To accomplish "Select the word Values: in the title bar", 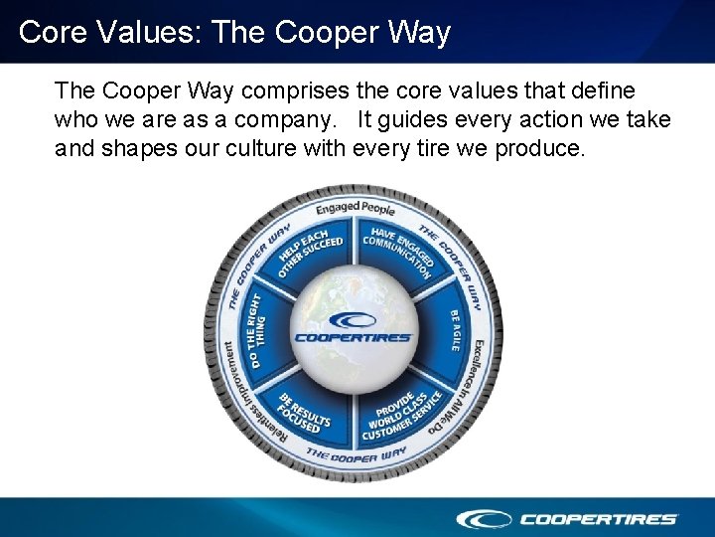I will (x=147, y=32).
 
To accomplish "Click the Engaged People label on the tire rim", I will (x=356, y=208).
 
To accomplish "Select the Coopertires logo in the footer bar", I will (x=567, y=518).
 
